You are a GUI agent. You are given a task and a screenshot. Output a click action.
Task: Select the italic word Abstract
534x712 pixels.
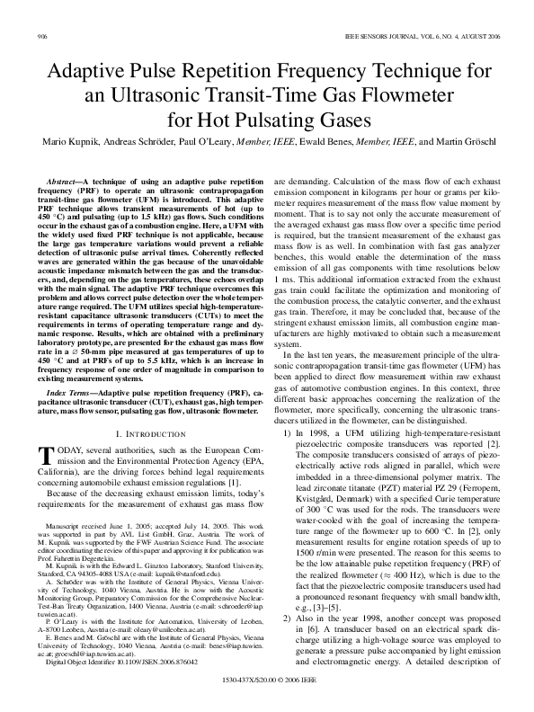point(64,182)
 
